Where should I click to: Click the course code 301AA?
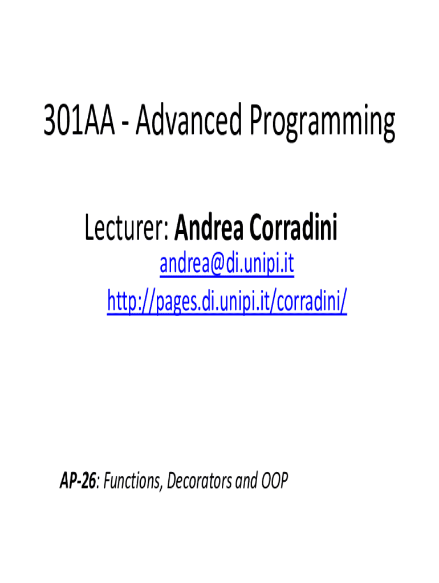(79, 121)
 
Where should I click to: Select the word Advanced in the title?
(189, 120)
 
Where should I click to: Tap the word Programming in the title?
(323, 123)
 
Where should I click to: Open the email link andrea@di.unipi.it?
(227, 264)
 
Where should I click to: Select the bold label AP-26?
(78, 481)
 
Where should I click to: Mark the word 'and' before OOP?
(246, 481)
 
